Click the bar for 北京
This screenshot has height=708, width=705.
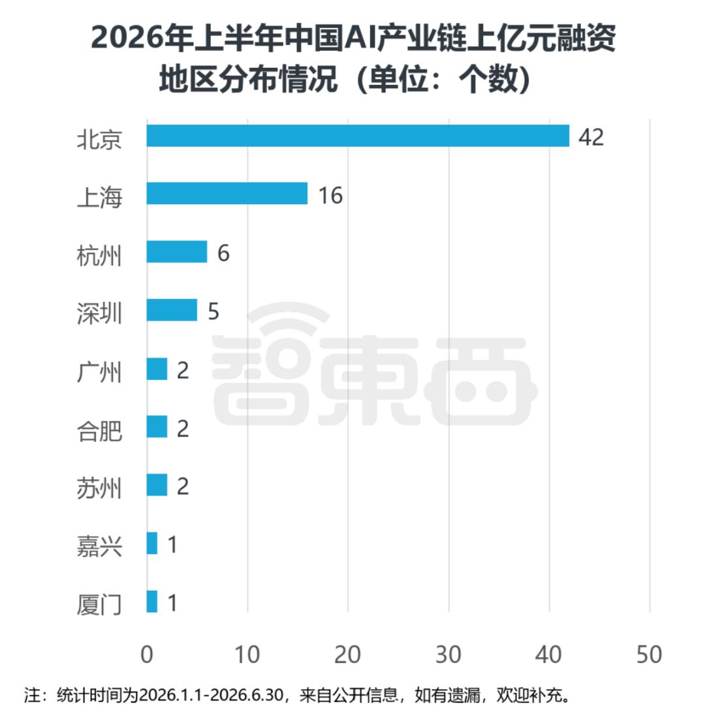coord(358,136)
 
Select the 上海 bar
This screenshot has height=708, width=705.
coord(227,194)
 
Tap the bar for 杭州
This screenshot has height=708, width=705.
coord(177,252)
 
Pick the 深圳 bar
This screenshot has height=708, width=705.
coord(172,310)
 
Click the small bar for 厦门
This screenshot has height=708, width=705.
coord(151,602)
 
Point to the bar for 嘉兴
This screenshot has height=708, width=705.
coord(151,543)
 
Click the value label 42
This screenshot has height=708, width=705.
coord(591,137)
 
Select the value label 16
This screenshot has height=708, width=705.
coord(330,196)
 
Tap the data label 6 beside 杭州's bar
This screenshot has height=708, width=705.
coord(223,253)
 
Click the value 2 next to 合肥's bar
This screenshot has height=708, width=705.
coord(183,428)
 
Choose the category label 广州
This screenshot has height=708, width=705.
coord(99,372)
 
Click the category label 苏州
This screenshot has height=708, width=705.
coord(99,489)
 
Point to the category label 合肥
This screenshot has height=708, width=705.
coord(99,430)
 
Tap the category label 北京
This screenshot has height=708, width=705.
coord(99,139)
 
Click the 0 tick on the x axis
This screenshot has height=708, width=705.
coord(147,654)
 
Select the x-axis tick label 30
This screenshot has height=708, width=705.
coord(448,654)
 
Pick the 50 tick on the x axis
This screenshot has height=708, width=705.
coord(650,654)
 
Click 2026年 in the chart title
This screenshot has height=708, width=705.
coord(142,37)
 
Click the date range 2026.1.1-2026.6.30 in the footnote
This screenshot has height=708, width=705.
coord(211,694)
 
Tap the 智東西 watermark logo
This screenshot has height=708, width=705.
coord(375,365)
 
